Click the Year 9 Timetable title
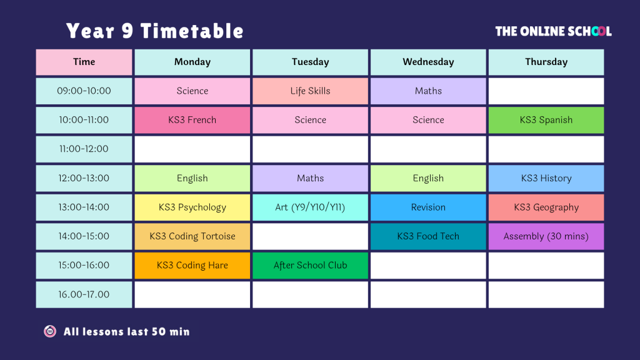click(x=155, y=31)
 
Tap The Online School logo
click(x=554, y=31)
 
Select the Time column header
click(x=84, y=62)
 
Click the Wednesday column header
click(x=428, y=62)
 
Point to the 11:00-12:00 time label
click(x=84, y=149)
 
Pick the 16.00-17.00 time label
click(x=84, y=294)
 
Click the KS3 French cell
click(x=192, y=120)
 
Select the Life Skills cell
click(x=310, y=91)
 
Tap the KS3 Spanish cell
click(x=546, y=120)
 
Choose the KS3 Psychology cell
click(x=192, y=207)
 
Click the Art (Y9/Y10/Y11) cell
click(x=310, y=207)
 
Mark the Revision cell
click(x=428, y=207)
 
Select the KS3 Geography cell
click(x=546, y=207)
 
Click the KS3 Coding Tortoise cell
click(x=192, y=236)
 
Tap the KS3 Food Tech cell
click(x=428, y=236)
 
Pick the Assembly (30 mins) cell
click(x=546, y=236)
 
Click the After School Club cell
click(x=310, y=265)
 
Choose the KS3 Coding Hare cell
click(x=192, y=265)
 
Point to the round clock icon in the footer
click(x=50, y=331)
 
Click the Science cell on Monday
click(x=192, y=91)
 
